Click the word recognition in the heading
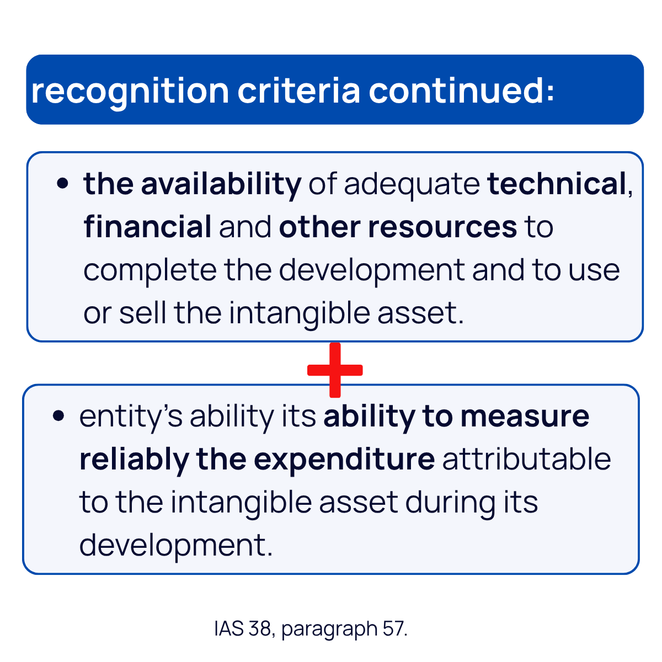point(130,91)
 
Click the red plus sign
point(335,370)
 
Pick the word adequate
point(412,184)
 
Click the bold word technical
point(557,184)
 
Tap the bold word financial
point(147,227)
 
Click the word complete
point(150,270)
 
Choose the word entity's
point(131,417)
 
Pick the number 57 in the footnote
point(393,629)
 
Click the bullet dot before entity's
point(58,417)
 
